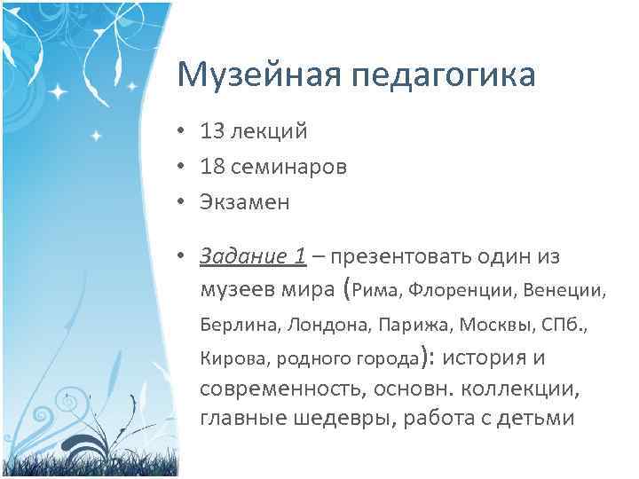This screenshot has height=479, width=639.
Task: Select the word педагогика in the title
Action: [x=445, y=76]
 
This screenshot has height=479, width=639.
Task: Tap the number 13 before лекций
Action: [x=213, y=132]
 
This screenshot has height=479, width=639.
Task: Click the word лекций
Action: [x=269, y=132]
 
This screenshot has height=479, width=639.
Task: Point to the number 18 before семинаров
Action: [x=213, y=167]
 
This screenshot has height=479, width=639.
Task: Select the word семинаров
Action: [x=290, y=167]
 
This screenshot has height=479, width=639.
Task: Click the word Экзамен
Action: [x=245, y=201]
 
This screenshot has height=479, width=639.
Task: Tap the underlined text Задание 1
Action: [x=253, y=256]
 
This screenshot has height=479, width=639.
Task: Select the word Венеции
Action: [x=565, y=290]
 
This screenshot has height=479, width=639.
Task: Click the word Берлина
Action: [x=238, y=326]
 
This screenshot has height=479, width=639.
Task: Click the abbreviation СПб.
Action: [x=563, y=325]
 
